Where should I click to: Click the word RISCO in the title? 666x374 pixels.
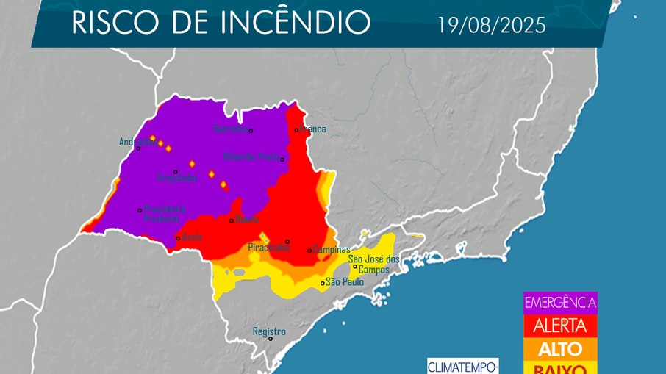click(x=115, y=24)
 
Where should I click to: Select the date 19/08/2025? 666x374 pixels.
click(x=491, y=26)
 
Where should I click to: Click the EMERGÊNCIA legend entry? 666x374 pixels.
click(x=560, y=302)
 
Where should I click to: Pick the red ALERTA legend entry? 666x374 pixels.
click(x=560, y=326)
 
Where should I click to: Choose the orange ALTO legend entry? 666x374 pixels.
click(x=560, y=348)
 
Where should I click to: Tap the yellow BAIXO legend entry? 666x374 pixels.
click(x=560, y=368)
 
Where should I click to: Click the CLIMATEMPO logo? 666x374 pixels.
click(x=463, y=366)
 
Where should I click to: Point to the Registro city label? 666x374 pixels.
click(x=269, y=331)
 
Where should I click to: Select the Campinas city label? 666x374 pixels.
click(x=330, y=249)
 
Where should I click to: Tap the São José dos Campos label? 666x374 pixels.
click(x=373, y=265)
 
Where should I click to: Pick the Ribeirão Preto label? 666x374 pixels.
click(x=251, y=157)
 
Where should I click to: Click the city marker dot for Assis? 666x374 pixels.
click(x=178, y=238)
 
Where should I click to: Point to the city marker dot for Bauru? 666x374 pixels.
click(x=232, y=220)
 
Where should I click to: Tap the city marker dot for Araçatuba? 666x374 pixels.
click(x=175, y=172)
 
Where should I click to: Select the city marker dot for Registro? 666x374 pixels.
click(x=271, y=339)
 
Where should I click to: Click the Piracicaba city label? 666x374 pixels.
click(x=268, y=248)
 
